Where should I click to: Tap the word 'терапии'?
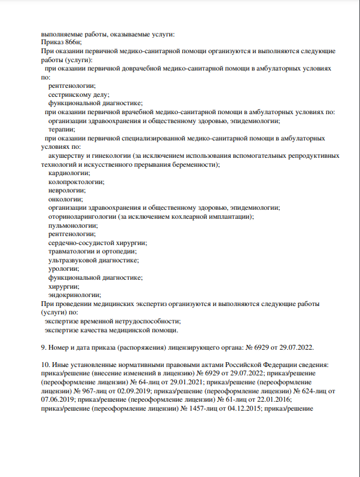62,129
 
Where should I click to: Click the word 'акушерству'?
67,155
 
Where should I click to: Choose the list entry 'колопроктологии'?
76,182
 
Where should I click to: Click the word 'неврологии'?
66,191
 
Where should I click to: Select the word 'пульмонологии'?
72,225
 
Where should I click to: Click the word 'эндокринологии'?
74,295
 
